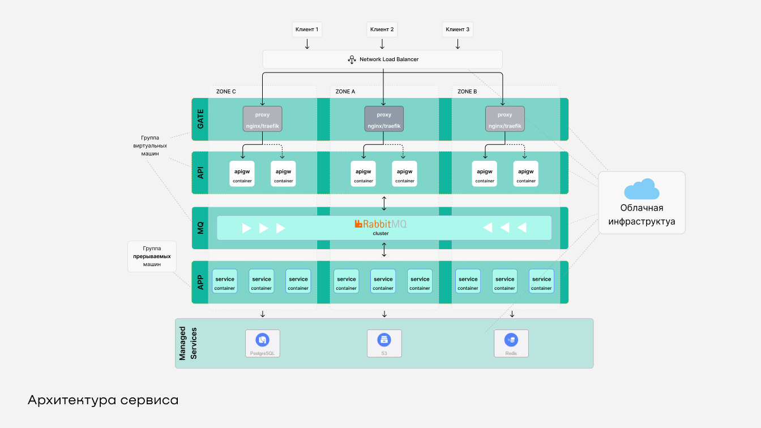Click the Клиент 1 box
pyautogui.click(x=307, y=29)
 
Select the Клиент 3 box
pyautogui.click(x=458, y=29)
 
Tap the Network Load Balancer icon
pyautogui.click(x=351, y=59)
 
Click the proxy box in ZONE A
pyautogui.click(x=384, y=119)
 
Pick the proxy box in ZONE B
pyautogui.click(x=505, y=119)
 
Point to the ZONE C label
pyautogui.click(x=226, y=91)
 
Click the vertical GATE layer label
pyautogui.click(x=200, y=119)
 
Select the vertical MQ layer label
pyautogui.click(x=200, y=228)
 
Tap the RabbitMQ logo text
pyautogui.click(x=380, y=224)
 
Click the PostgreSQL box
pyautogui.click(x=262, y=343)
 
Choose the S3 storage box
pyautogui.click(x=384, y=343)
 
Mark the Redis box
pyautogui.click(x=511, y=343)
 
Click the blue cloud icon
pyautogui.click(x=642, y=189)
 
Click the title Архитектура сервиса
pyautogui.click(x=103, y=400)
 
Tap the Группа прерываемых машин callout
pyautogui.click(x=152, y=256)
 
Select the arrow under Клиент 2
pyautogui.click(x=382, y=44)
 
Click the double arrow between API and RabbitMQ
pyautogui.click(x=384, y=202)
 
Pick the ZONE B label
pyautogui.click(x=467, y=91)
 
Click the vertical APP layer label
pyautogui.click(x=200, y=283)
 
